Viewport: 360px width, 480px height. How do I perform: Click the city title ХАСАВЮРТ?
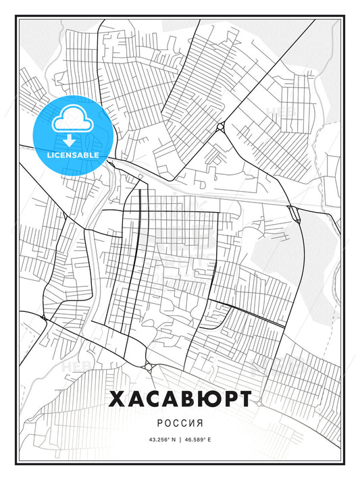point(180,399)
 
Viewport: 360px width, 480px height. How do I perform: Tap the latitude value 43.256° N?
point(157,439)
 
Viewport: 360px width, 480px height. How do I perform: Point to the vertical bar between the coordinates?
point(180,439)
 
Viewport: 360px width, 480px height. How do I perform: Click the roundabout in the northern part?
point(221,128)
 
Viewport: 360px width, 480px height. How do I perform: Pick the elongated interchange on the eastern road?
point(294,213)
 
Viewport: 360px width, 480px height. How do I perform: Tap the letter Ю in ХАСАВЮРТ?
point(201,399)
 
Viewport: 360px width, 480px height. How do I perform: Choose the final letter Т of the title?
point(243,399)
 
